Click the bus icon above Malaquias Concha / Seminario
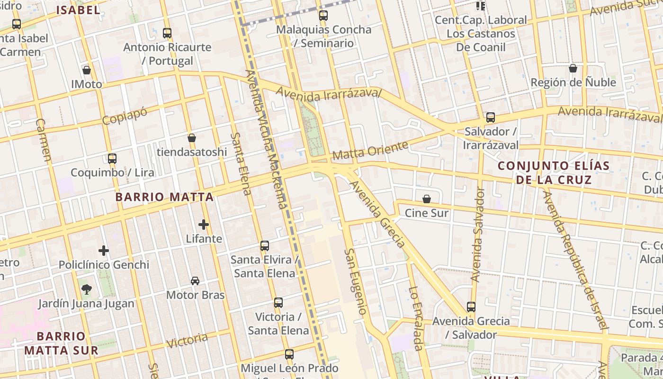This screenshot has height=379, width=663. [x=323, y=16]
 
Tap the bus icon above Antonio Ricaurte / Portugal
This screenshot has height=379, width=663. [x=167, y=33]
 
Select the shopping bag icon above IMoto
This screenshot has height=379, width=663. [x=87, y=70]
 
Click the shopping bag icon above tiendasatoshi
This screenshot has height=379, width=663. [x=192, y=138]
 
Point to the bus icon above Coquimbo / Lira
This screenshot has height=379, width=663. [x=112, y=159]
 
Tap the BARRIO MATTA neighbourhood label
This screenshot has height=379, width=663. [x=164, y=197]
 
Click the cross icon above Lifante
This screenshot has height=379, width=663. [x=204, y=224]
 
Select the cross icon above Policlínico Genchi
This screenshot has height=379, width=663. [x=104, y=251]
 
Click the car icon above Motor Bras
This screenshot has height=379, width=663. [x=195, y=281]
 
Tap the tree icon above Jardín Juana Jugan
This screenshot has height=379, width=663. [x=86, y=289]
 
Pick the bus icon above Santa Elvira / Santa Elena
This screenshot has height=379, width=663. [x=265, y=246]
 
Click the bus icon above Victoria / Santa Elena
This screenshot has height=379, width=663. [x=278, y=303]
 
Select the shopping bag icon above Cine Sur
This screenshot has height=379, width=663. [x=427, y=199]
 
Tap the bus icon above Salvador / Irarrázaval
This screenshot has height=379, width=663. [x=491, y=117]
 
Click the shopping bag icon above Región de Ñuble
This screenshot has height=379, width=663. [x=573, y=68]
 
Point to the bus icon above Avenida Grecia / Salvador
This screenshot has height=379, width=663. [x=471, y=307]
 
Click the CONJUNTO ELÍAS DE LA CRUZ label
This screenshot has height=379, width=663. [x=554, y=173]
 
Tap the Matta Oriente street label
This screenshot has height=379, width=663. [x=370, y=151]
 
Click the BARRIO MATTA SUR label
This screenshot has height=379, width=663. [x=61, y=343]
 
